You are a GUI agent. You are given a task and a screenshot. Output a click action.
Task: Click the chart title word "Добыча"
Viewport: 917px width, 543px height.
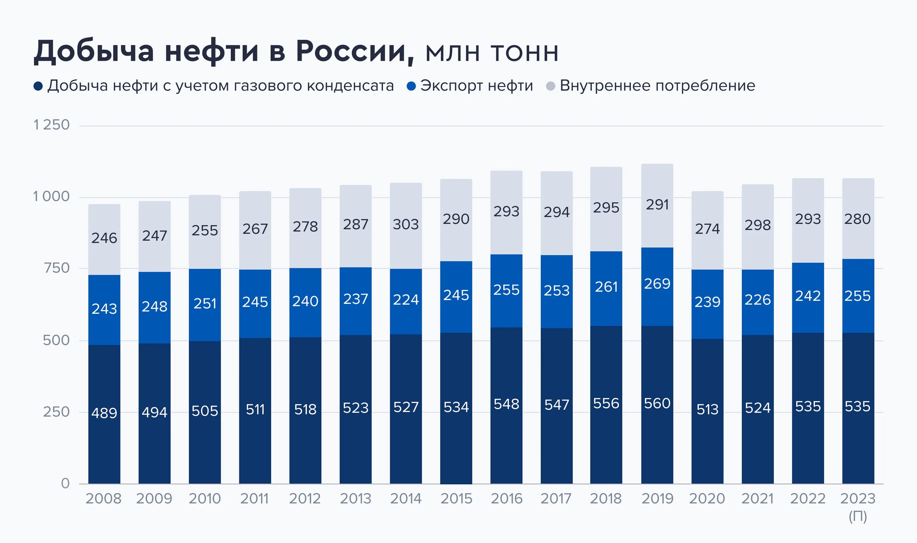(x=94, y=51)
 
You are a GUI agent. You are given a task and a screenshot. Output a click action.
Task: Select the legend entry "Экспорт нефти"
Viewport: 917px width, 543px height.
(x=476, y=86)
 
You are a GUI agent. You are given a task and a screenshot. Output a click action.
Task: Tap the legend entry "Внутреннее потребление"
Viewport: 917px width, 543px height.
(x=657, y=86)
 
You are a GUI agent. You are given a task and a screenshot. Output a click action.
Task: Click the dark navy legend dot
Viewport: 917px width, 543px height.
(x=38, y=86)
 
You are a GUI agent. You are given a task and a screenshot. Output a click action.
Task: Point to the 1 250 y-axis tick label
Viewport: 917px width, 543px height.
(x=52, y=125)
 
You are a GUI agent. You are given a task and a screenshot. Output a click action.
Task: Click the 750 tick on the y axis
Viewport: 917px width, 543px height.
(x=57, y=268)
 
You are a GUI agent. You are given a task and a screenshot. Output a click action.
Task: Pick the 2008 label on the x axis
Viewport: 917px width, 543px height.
(x=104, y=498)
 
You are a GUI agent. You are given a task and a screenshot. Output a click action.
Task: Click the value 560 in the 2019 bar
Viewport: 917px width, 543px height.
(x=657, y=404)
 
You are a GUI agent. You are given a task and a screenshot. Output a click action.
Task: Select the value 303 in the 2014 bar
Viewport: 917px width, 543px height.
(x=405, y=224)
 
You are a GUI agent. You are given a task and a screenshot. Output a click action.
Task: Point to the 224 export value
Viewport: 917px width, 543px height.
(x=405, y=300)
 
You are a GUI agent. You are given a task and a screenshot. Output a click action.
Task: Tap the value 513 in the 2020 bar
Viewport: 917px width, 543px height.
(x=707, y=409)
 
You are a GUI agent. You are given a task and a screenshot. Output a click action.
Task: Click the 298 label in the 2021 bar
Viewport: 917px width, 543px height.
(x=757, y=225)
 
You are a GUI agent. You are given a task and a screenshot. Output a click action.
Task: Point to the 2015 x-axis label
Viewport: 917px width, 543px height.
(x=456, y=498)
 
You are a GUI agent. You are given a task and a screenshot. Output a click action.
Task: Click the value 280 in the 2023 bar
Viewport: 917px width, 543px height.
(x=857, y=219)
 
